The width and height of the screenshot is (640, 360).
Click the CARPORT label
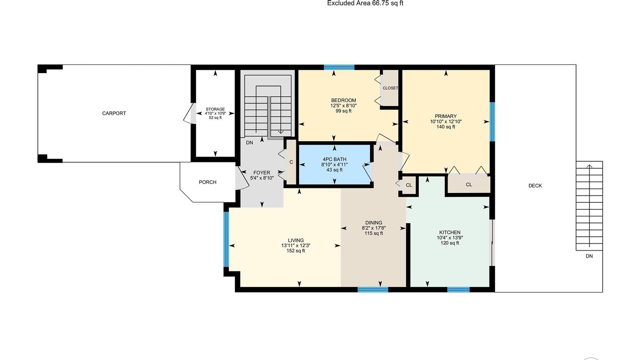click(114, 113)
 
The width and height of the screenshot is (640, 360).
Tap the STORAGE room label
click(215, 109)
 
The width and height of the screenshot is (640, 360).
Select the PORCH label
click(208, 182)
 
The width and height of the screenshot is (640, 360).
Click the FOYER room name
click(262, 173)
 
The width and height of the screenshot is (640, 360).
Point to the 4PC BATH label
click(334, 159)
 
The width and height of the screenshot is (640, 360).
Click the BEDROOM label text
click(343, 100)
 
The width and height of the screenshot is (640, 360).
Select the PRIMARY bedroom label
click(446, 116)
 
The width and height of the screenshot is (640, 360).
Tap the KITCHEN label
click(450, 232)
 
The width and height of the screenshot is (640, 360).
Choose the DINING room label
click(374, 223)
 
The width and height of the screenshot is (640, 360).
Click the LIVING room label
click(296, 240)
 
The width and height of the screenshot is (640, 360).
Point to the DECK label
click(535, 186)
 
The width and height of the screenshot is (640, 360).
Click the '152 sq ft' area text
click(296, 251)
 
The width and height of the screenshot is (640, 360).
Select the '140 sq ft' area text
click(446, 127)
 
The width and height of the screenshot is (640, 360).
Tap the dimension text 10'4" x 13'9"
click(450, 238)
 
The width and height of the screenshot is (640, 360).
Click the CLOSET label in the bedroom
click(390, 88)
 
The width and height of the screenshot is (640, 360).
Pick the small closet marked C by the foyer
click(291, 162)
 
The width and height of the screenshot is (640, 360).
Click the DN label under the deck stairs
click(589, 256)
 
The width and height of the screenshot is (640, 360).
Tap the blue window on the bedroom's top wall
click(339, 67)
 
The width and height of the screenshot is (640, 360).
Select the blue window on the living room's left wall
click(226, 239)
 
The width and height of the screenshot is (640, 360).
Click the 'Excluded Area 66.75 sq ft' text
click(365, 3)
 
